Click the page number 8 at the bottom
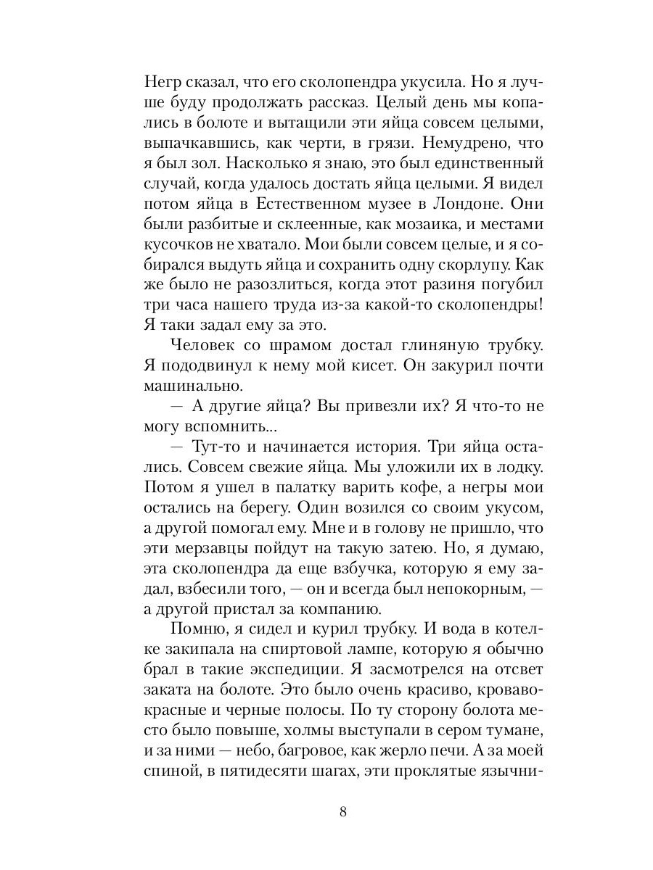[343, 811]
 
